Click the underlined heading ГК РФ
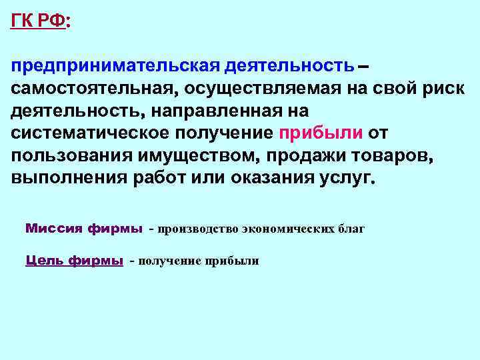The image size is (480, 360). click(38, 21)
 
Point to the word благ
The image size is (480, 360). click(353, 229)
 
